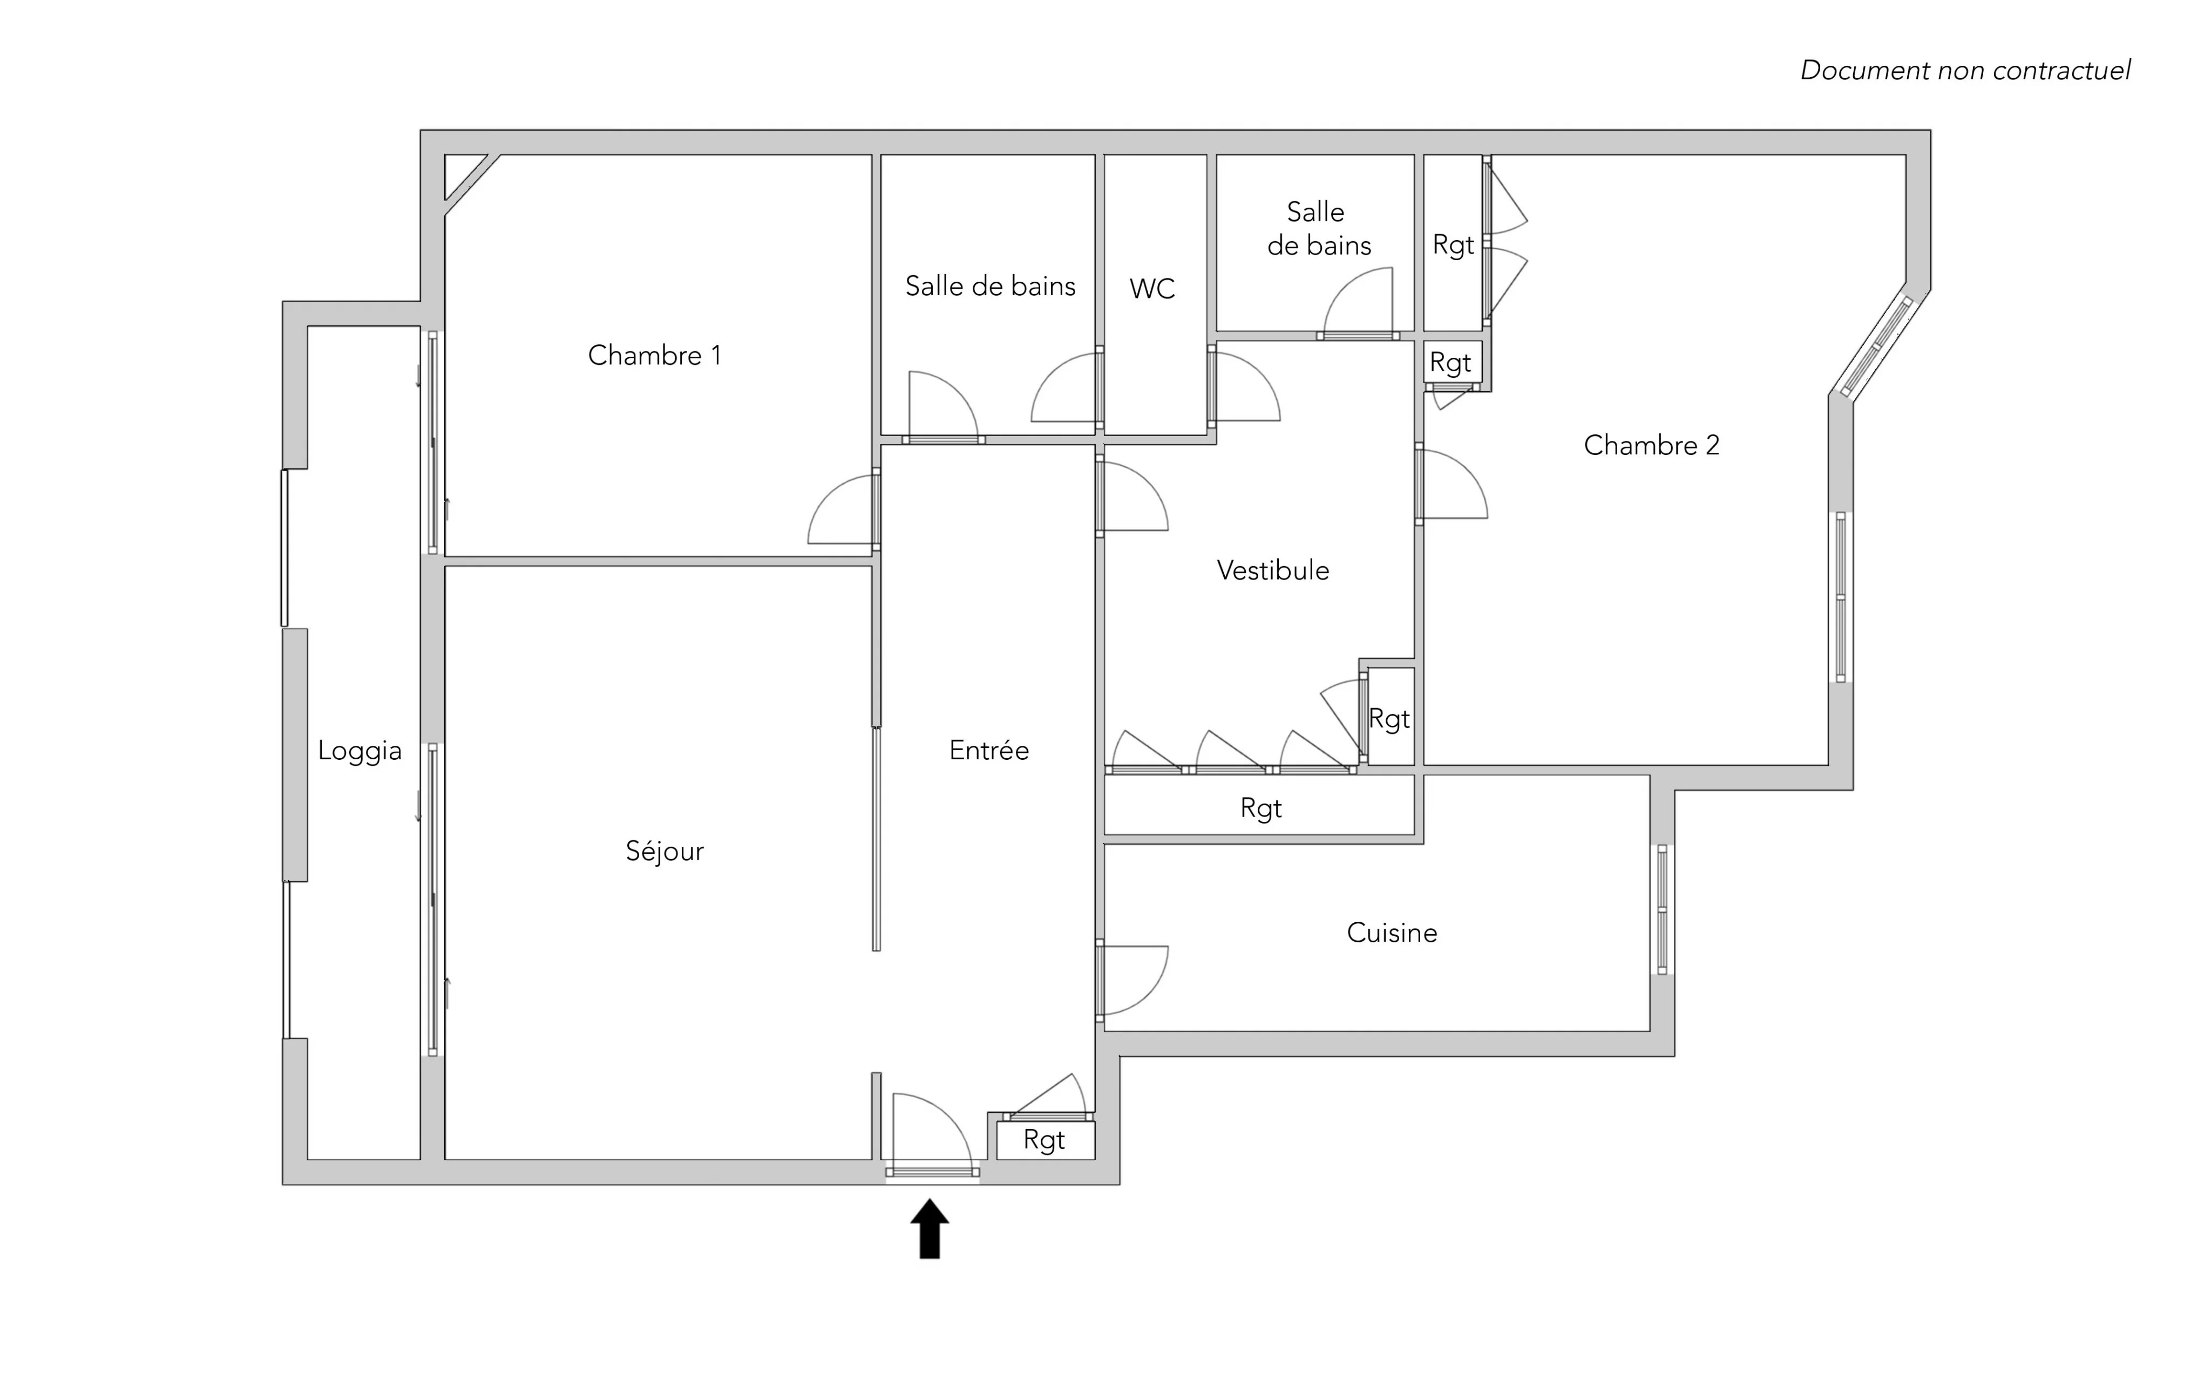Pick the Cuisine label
[x=1392, y=933]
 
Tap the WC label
[x=1152, y=289]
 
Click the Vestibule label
[x=1273, y=570]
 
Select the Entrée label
[x=989, y=750]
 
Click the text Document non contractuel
[x=1965, y=71]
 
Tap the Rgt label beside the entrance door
[x=1044, y=1140]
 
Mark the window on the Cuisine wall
[x=1662, y=909]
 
